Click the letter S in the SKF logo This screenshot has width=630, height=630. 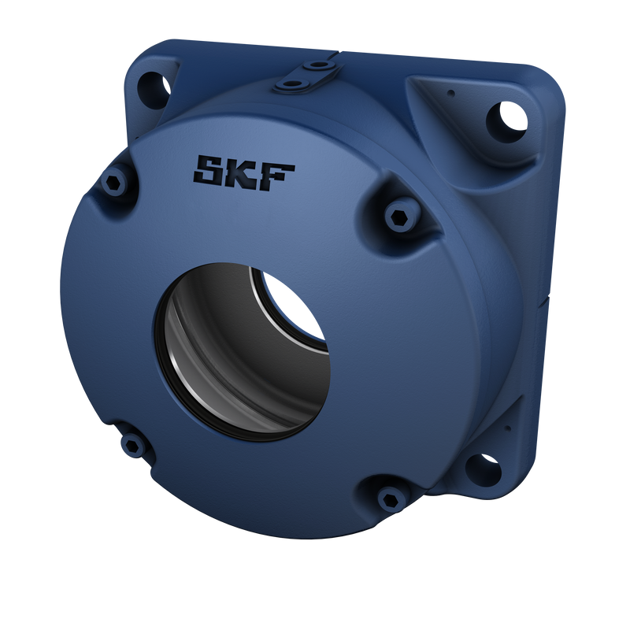211,172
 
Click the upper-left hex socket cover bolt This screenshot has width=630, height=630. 115,183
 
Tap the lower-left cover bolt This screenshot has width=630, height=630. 134,446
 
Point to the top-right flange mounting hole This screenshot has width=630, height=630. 506,119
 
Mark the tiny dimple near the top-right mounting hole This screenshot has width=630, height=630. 450,93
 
